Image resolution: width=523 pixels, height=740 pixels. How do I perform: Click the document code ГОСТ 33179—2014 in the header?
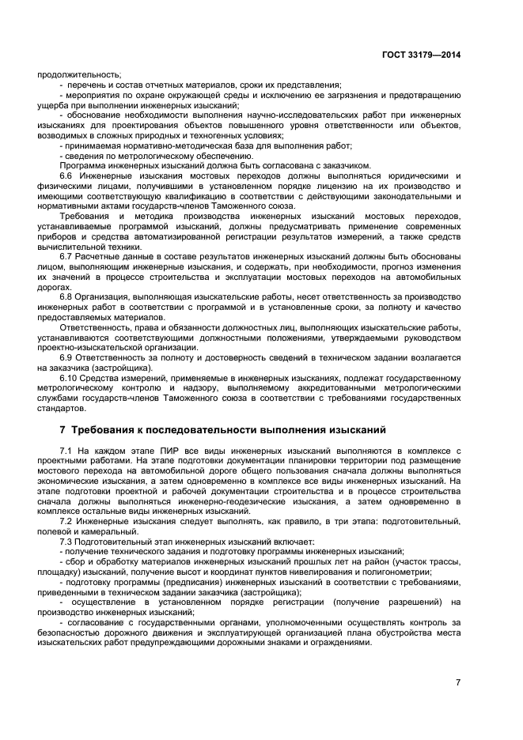point(423,55)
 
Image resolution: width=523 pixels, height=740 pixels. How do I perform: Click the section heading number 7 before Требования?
point(63,430)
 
